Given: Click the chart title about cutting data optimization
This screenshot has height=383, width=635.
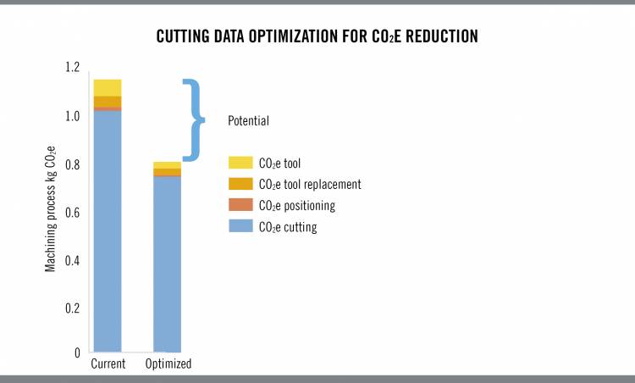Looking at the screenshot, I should [x=317, y=38].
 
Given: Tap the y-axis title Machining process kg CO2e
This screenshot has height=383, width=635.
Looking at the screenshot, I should [x=51, y=213].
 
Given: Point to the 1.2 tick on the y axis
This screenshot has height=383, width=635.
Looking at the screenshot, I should [x=71, y=68].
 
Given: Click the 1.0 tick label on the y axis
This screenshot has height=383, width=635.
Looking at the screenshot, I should [x=71, y=116].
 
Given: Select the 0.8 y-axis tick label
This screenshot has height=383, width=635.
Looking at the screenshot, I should [x=71, y=164].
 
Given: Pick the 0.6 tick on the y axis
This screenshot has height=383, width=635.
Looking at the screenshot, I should [x=71, y=213].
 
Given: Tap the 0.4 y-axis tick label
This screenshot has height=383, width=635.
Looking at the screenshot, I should [x=71, y=261].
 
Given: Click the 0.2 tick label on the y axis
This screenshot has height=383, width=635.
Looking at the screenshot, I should [x=71, y=309].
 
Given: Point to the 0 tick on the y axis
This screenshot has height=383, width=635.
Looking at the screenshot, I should [x=76, y=352].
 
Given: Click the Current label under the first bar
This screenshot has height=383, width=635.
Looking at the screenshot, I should [x=108, y=364].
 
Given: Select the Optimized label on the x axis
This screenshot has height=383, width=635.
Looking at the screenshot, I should [x=168, y=364].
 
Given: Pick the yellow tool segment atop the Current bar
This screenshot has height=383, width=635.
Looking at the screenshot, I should [x=108, y=87].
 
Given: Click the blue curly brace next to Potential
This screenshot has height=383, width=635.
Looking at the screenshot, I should [x=196, y=119].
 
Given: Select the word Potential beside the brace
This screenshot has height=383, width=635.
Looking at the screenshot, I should [x=249, y=121].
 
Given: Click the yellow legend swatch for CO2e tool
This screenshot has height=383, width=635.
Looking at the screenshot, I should [x=240, y=163].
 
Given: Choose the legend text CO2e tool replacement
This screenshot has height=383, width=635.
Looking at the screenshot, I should [x=310, y=184].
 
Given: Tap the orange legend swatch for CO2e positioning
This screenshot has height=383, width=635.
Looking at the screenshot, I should [x=240, y=205].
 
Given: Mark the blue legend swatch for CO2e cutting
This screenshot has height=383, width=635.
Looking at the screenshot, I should [x=240, y=226].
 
